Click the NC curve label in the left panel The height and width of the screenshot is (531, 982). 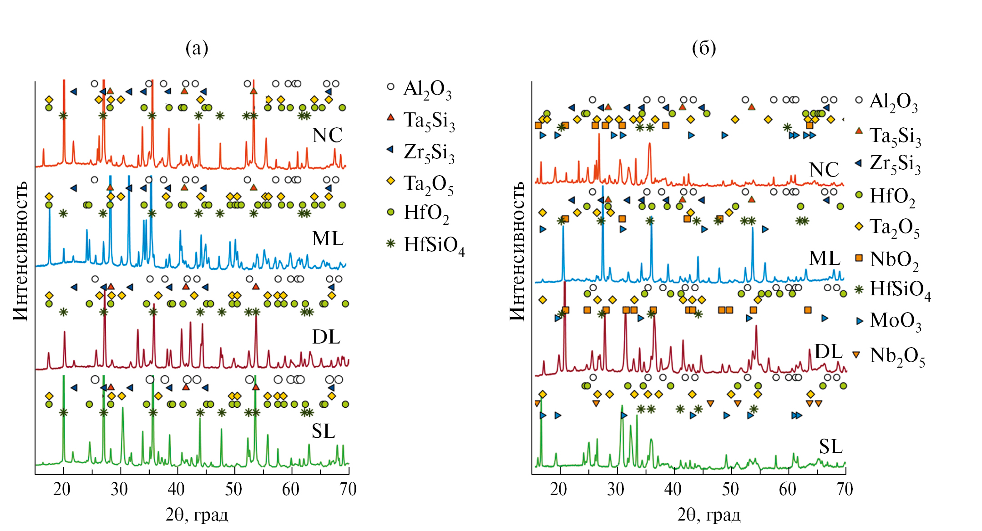click(x=327, y=136)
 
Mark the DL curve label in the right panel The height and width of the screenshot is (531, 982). click(x=828, y=352)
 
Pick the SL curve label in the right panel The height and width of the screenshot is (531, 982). click(x=830, y=447)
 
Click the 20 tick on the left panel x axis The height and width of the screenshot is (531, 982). click(x=62, y=490)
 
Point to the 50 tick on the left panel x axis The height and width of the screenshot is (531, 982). click(x=233, y=490)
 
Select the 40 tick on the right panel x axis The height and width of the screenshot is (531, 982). click(x=673, y=490)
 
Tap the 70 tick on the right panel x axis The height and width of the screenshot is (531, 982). click(x=845, y=490)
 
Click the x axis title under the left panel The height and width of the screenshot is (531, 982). click(x=197, y=515)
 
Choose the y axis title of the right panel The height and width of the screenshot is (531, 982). click(x=517, y=251)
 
